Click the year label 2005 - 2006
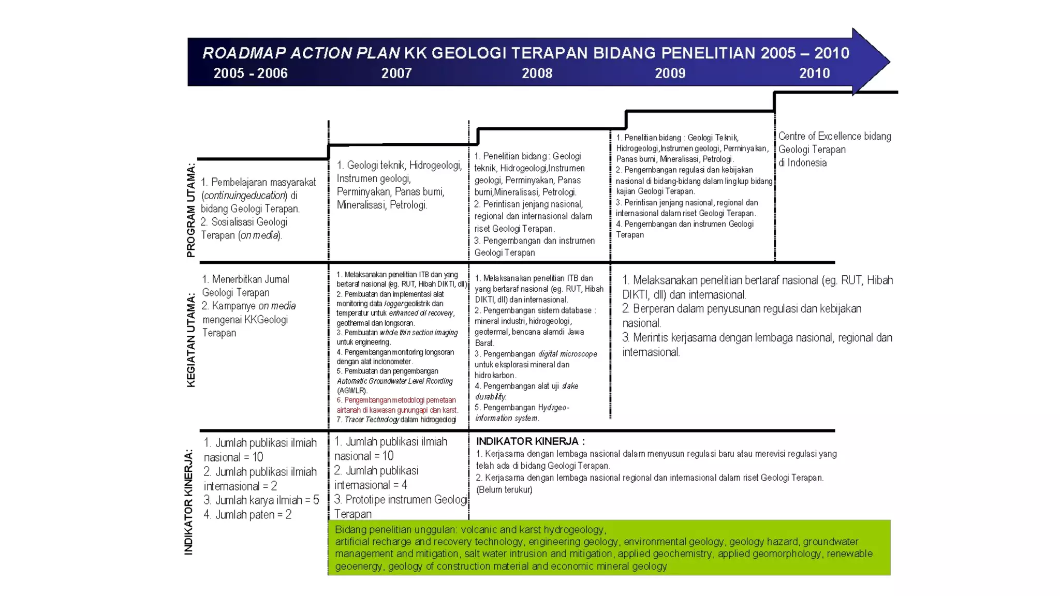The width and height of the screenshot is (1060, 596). click(x=251, y=73)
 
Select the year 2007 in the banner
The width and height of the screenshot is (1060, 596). click(x=396, y=73)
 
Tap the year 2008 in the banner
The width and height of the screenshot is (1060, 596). click(x=537, y=73)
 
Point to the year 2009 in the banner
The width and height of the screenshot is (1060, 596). click(x=670, y=73)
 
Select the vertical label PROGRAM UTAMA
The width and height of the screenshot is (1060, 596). click(x=191, y=210)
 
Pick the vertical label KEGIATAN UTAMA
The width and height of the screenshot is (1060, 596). click(x=191, y=340)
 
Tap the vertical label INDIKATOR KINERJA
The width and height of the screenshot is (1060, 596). click(x=189, y=502)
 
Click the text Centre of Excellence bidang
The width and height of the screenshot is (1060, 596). click(x=834, y=136)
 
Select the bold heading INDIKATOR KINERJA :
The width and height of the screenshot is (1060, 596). click(x=530, y=441)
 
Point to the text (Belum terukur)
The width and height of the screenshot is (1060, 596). click(x=504, y=489)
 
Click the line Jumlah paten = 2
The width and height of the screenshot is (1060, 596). click(x=247, y=515)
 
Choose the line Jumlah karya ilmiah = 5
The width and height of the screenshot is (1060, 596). click(x=261, y=500)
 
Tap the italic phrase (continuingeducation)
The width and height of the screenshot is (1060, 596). click(x=244, y=196)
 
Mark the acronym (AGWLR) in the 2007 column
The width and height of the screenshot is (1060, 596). click(x=352, y=391)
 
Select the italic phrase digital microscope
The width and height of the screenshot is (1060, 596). click(x=567, y=354)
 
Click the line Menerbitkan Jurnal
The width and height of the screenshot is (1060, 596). click(x=245, y=279)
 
